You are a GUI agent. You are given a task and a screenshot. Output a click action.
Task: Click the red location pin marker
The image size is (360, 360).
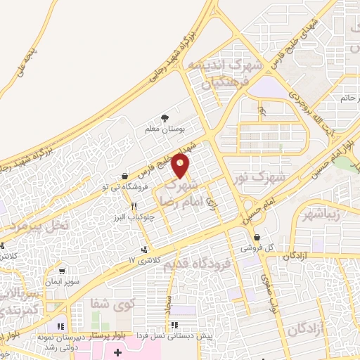coord(181,166)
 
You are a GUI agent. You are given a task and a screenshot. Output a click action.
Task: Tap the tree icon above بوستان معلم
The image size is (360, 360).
coord(165,117)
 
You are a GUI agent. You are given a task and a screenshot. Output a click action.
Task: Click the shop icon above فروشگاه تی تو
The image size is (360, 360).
coord(124,176)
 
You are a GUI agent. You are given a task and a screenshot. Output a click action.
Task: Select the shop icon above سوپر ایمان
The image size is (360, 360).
coord(63,271)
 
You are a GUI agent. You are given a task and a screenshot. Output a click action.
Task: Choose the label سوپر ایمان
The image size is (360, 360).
coord(62,281)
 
